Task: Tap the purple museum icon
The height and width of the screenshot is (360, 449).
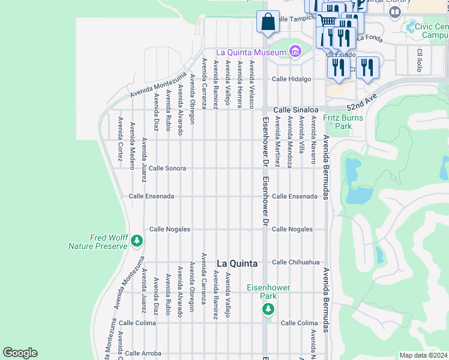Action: point(295,52)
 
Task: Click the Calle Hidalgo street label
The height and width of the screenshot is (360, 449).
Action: point(291,79)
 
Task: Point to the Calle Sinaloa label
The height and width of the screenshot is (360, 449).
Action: point(295,110)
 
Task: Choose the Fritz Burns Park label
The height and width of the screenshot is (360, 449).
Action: point(343,122)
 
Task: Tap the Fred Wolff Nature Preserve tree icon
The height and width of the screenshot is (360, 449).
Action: point(137,241)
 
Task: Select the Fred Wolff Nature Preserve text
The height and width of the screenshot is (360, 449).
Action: point(99,242)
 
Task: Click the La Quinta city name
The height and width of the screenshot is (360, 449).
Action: point(237,263)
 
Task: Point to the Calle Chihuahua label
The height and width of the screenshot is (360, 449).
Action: point(296,262)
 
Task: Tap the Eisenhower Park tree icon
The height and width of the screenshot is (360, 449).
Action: point(268,309)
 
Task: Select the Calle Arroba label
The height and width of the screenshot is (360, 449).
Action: point(143,353)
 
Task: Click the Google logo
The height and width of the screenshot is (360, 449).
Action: point(20,353)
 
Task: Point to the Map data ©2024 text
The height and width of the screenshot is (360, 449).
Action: point(423,355)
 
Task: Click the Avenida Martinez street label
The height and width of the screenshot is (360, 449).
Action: point(277,142)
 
